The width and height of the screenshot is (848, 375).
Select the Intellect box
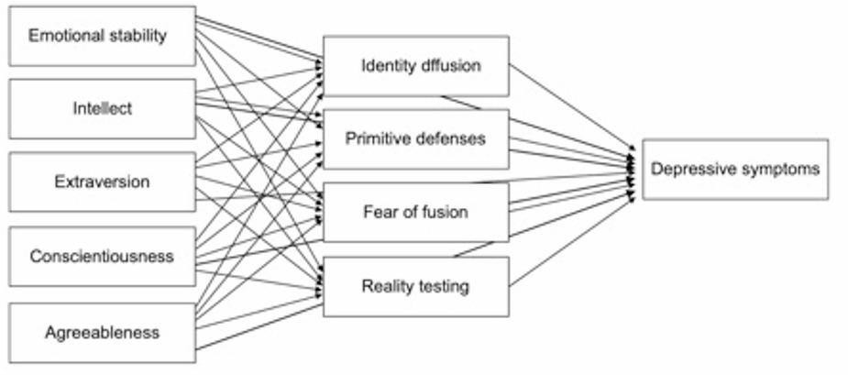[x=102, y=108]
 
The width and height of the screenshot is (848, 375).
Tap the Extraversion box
[x=102, y=182]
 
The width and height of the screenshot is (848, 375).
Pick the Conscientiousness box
[x=102, y=256]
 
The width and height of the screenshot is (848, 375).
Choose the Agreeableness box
[x=102, y=332]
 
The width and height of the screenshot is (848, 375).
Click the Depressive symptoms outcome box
[x=735, y=169]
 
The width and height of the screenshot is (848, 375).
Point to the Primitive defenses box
[x=415, y=138]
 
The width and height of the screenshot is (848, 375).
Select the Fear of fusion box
[x=415, y=212]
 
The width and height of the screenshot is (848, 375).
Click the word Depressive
[x=695, y=169]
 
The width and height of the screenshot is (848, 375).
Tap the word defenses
[x=449, y=138]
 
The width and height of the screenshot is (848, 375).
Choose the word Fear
[x=379, y=212]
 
